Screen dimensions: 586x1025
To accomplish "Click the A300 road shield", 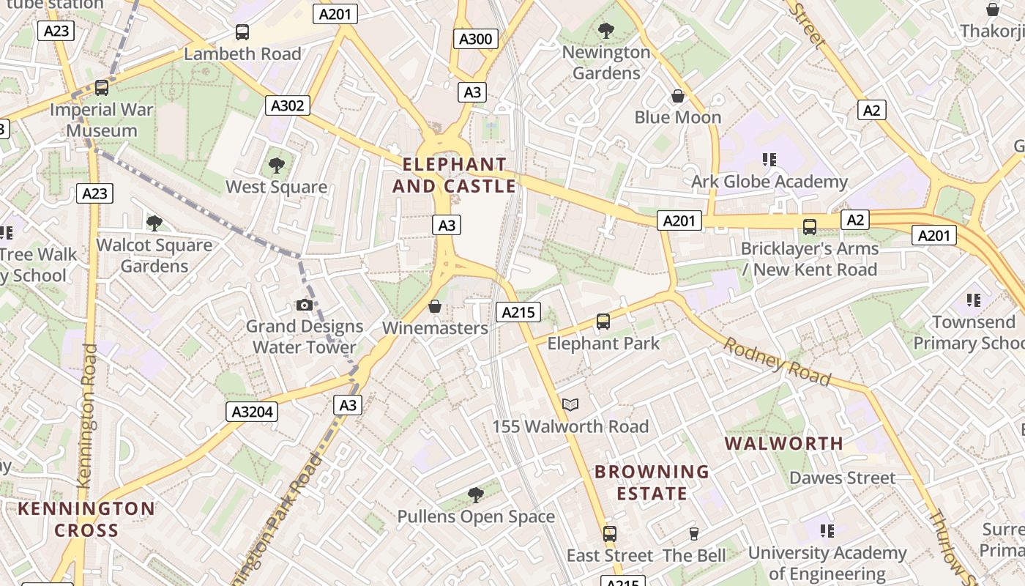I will click(x=475, y=39).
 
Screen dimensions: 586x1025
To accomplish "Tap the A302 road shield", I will click(x=287, y=105).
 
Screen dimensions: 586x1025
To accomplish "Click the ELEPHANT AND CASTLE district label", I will click(x=454, y=175).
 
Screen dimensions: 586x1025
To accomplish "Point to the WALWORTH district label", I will click(x=784, y=443).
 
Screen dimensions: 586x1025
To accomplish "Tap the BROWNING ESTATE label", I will click(x=652, y=482).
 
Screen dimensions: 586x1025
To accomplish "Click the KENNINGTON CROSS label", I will click(x=86, y=519).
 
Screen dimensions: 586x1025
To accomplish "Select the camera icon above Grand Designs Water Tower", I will click(x=305, y=305).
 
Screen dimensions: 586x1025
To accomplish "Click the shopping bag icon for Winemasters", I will click(x=435, y=306).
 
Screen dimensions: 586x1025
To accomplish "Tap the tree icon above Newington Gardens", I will click(x=606, y=30).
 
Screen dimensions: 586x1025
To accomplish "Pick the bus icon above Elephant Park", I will click(x=603, y=321).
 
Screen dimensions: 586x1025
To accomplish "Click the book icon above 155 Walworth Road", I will click(x=570, y=404).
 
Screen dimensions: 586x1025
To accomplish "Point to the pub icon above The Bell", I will click(x=694, y=533).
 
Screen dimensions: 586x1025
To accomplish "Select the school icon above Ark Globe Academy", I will click(x=769, y=159).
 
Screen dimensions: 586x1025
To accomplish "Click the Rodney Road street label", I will click(x=777, y=361).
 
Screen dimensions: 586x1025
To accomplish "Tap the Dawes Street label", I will click(x=842, y=478).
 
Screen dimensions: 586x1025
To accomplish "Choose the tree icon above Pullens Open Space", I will click(x=476, y=494).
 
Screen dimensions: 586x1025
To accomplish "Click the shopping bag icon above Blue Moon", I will click(x=678, y=96).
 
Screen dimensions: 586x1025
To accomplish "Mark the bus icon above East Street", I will click(x=610, y=533).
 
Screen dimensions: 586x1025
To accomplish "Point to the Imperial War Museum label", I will click(x=102, y=120).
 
